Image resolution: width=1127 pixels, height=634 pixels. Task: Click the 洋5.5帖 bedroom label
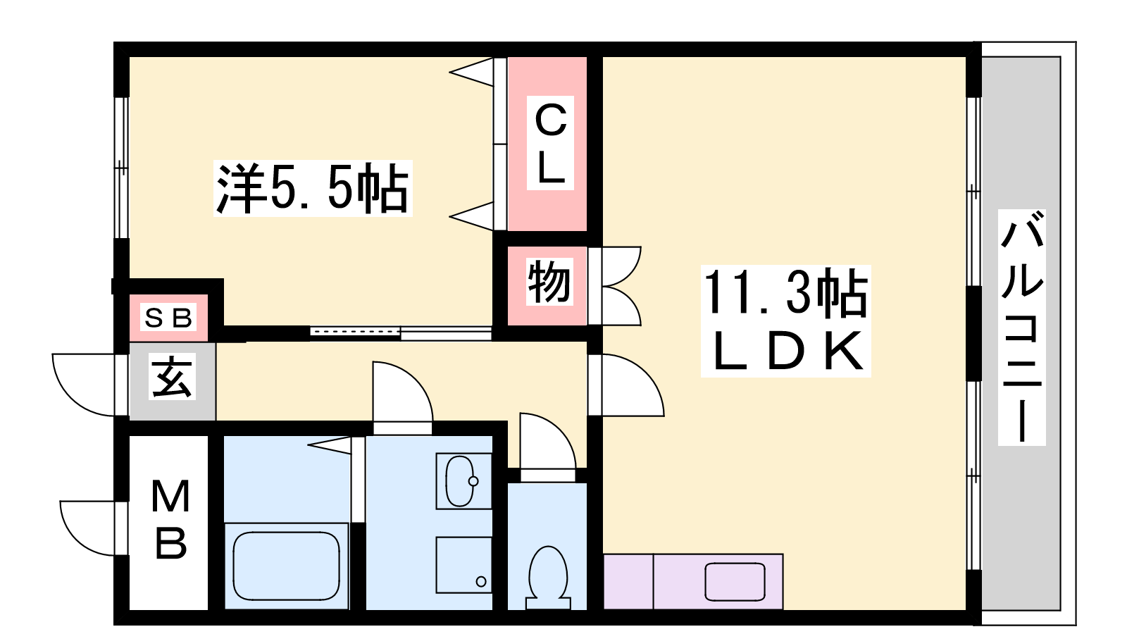(313, 189)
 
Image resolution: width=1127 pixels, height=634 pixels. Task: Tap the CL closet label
(550, 143)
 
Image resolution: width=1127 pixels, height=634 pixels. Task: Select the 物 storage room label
(549, 281)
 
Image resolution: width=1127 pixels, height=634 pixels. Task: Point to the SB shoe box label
(168, 318)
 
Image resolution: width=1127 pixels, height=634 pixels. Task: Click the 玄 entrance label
(172, 377)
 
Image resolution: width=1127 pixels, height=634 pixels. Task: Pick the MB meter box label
(170, 519)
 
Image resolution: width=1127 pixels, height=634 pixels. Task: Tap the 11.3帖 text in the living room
(785, 293)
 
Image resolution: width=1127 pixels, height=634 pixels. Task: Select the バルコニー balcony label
(1022, 328)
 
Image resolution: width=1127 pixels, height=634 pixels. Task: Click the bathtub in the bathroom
(286, 566)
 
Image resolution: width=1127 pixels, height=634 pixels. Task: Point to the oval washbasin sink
(461, 480)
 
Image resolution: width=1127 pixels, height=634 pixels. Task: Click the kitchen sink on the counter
(735, 582)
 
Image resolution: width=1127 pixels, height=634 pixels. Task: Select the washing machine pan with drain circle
(463, 565)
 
